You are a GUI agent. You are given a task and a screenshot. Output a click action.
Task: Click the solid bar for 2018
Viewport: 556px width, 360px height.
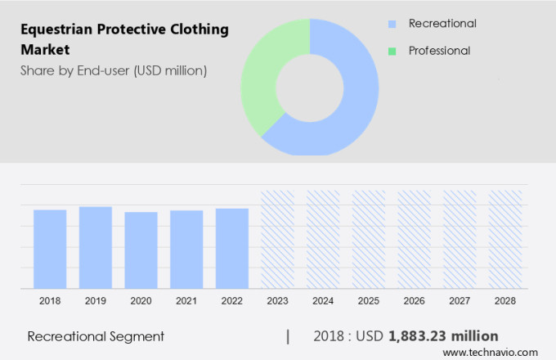click(x=50, y=249)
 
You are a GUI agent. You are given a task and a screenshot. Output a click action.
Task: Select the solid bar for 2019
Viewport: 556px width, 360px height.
click(x=96, y=247)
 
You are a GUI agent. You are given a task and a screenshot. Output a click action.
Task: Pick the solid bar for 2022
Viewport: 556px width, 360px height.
click(x=232, y=248)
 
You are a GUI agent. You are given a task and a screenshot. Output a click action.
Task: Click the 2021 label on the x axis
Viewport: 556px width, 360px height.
click(x=186, y=301)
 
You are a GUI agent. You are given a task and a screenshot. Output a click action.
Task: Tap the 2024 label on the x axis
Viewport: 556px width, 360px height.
click(x=323, y=301)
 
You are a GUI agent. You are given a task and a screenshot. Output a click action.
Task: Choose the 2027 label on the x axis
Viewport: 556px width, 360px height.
click(x=460, y=301)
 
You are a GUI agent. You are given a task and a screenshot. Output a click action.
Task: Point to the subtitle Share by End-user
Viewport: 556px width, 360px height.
click(x=114, y=70)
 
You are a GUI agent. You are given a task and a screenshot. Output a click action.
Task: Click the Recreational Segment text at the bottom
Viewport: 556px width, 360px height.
click(x=96, y=336)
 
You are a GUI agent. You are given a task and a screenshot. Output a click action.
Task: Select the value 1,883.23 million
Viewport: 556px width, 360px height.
click(x=443, y=336)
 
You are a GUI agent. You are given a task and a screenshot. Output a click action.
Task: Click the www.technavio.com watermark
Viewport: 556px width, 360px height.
click(x=495, y=351)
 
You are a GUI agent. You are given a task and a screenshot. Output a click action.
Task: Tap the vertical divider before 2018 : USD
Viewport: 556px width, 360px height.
click(x=288, y=336)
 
